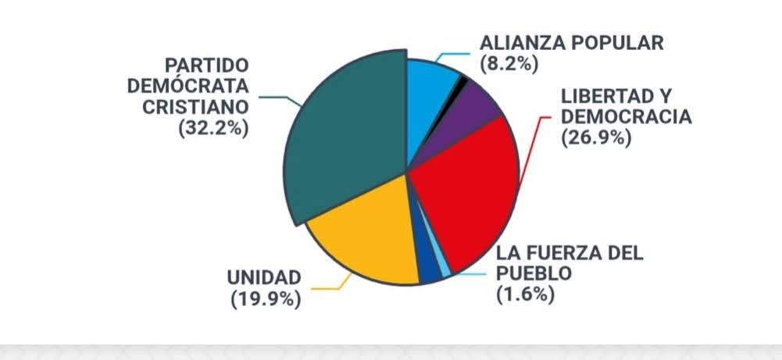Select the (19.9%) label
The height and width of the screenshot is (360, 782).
pos(266,298)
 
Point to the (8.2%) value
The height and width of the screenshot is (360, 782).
pos(509,63)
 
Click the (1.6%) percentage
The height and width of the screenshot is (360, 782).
pos(525,294)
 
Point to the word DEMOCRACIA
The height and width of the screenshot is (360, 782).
pos(627,117)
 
